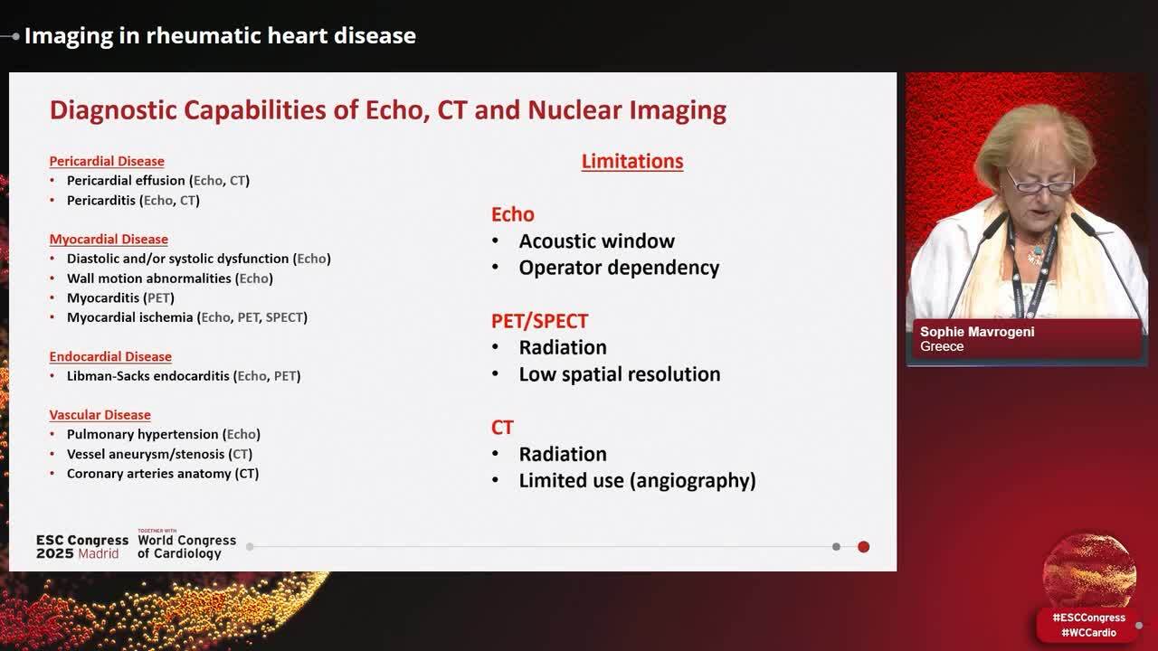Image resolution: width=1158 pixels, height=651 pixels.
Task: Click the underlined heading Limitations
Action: click(x=631, y=162)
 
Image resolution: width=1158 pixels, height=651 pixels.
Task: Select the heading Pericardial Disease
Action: click(x=107, y=161)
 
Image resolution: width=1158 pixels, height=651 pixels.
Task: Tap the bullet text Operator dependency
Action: click(x=619, y=268)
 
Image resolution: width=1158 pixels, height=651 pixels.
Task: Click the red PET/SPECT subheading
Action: click(x=539, y=321)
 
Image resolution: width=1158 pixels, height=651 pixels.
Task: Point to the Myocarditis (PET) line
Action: click(x=120, y=297)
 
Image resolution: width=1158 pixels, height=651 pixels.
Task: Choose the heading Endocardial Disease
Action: click(x=110, y=356)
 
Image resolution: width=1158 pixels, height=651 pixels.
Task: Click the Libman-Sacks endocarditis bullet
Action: click(x=183, y=376)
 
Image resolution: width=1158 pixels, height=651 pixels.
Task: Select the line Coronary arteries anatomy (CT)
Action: click(x=163, y=474)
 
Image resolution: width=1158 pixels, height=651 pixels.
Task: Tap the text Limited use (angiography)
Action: click(x=637, y=481)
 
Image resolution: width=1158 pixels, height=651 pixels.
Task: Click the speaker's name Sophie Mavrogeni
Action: click(x=977, y=332)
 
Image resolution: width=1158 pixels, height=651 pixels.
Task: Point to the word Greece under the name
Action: click(x=942, y=347)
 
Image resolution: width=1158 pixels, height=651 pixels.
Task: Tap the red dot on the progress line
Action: click(x=863, y=547)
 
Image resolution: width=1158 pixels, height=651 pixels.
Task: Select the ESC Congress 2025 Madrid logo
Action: click(x=81, y=546)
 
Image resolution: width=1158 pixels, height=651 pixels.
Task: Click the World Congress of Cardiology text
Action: click(x=186, y=546)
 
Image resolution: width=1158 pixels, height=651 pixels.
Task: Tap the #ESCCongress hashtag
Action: click(x=1088, y=618)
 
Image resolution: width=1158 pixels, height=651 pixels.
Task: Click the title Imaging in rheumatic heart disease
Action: click(x=220, y=36)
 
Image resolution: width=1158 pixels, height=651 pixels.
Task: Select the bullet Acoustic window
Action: click(x=596, y=241)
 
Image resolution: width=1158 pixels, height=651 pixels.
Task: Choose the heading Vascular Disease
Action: click(x=100, y=415)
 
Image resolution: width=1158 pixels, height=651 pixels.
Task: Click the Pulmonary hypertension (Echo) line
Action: click(x=163, y=435)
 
